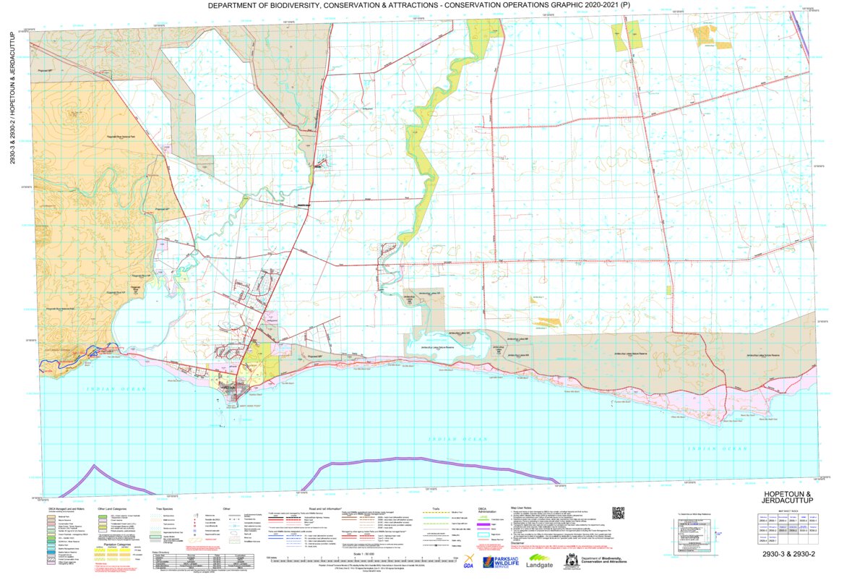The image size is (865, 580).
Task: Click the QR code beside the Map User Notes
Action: pos(618,513)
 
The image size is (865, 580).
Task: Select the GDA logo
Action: pos(469,563)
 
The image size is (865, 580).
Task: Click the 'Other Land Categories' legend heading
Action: pos(113,508)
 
